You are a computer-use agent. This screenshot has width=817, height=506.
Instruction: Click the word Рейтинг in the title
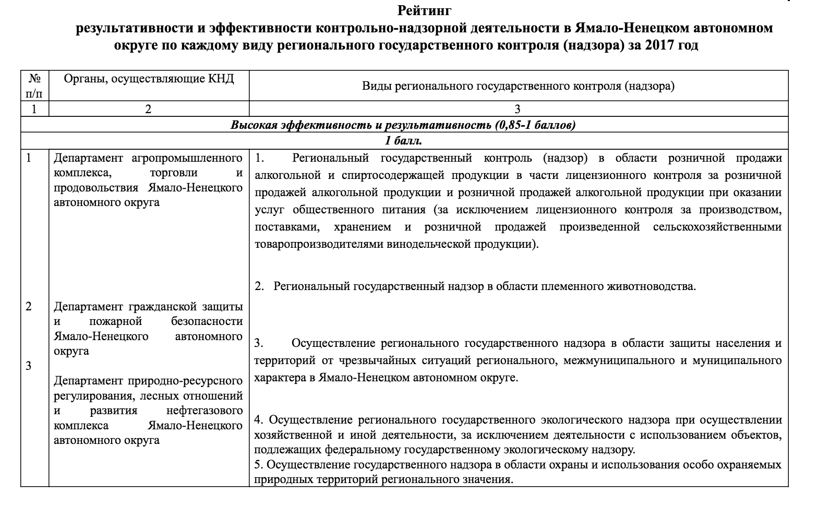pos(424,10)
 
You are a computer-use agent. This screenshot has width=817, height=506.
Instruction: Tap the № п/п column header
pos(34,86)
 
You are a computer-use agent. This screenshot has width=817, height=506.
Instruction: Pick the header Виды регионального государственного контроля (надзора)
pos(518,86)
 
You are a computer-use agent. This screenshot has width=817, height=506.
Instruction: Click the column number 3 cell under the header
pos(518,109)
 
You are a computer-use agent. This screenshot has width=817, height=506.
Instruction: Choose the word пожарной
pos(117,321)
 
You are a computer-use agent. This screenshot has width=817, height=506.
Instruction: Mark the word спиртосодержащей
pos(355,175)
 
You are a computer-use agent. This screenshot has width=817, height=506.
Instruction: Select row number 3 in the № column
pos(29,366)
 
